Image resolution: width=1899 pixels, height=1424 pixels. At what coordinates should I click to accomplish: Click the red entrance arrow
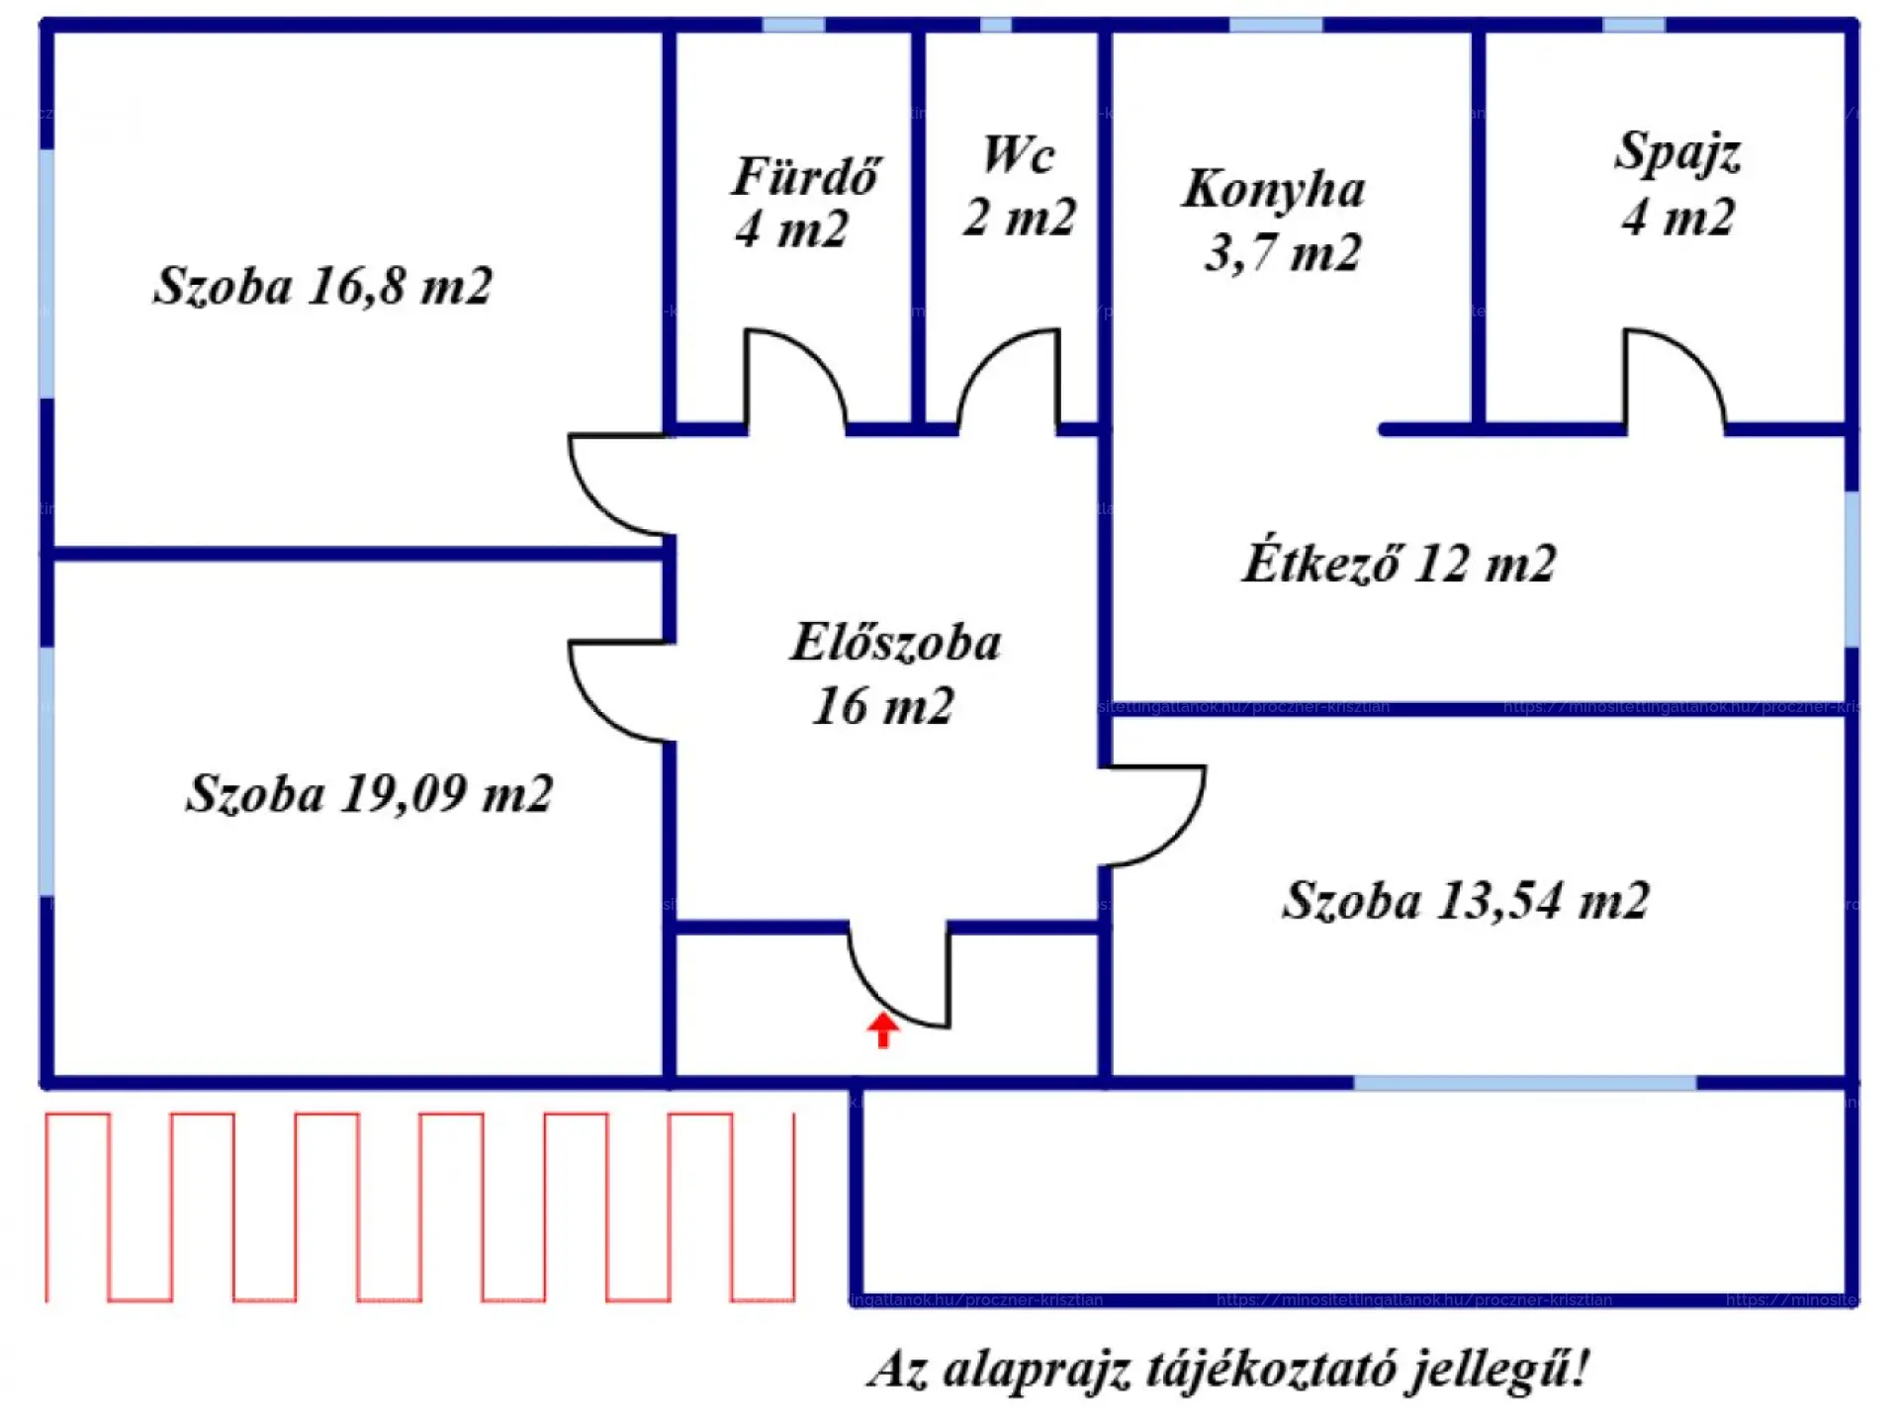tap(883, 1030)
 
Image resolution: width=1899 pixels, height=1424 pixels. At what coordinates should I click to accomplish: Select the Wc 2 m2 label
tap(1019, 186)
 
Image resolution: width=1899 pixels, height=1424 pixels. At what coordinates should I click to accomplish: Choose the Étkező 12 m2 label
tap(1399, 564)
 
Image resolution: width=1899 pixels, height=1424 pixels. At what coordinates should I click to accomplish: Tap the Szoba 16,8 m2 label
tap(322, 286)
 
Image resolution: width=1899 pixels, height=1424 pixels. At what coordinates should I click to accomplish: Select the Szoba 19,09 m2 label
tap(369, 794)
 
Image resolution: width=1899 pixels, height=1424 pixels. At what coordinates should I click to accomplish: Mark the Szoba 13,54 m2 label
tap(1465, 901)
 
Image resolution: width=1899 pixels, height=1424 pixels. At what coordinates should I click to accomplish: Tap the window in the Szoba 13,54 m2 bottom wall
tap(1524, 1083)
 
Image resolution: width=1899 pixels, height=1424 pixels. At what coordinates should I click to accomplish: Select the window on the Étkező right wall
tap(1852, 569)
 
